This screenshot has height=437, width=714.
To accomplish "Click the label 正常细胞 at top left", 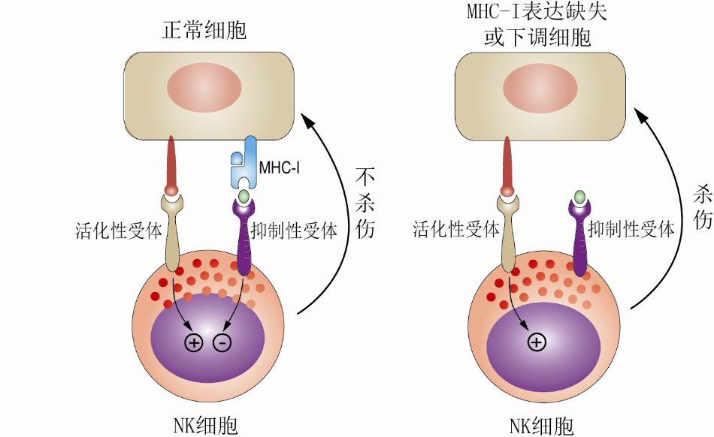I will pos(205,31).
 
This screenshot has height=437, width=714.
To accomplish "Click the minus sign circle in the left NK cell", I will pos(222,342).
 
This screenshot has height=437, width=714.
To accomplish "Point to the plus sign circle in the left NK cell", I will pos(194,342).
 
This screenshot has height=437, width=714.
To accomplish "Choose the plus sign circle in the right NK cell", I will pos(536,342).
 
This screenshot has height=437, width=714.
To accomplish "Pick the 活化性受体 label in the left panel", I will pos(119,230).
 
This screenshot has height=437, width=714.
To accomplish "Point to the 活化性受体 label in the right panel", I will pos(456,230).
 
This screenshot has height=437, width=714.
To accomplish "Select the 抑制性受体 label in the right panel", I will pos(631,230).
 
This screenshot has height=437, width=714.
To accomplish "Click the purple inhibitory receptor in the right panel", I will pos(580,240).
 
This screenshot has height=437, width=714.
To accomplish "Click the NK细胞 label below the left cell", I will pos(205,426).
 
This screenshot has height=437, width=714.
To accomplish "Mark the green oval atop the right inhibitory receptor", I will pos(580,197).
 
